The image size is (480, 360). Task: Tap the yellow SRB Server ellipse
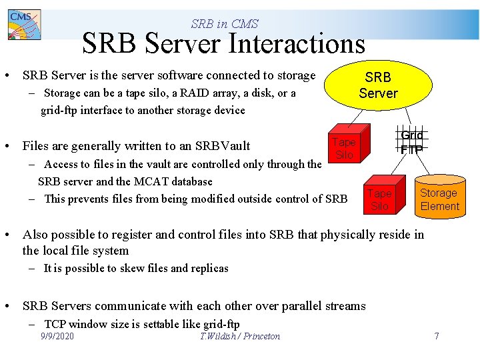pyautogui.click(x=378, y=85)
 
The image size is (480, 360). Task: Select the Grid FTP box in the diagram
pyautogui.click(x=411, y=142)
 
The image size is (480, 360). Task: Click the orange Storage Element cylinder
pyautogui.click(x=438, y=199)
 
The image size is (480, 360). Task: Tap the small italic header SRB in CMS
pyautogui.click(x=224, y=24)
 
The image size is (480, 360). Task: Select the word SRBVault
pyautogui.click(x=222, y=146)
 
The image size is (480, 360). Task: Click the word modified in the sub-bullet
pyautogui.click(x=213, y=199)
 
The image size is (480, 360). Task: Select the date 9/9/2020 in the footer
pyautogui.click(x=57, y=336)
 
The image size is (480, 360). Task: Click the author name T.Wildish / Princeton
pyautogui.click(x=240, y=336)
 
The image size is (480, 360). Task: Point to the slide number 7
pyautogui.click(x=437, y=336)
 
